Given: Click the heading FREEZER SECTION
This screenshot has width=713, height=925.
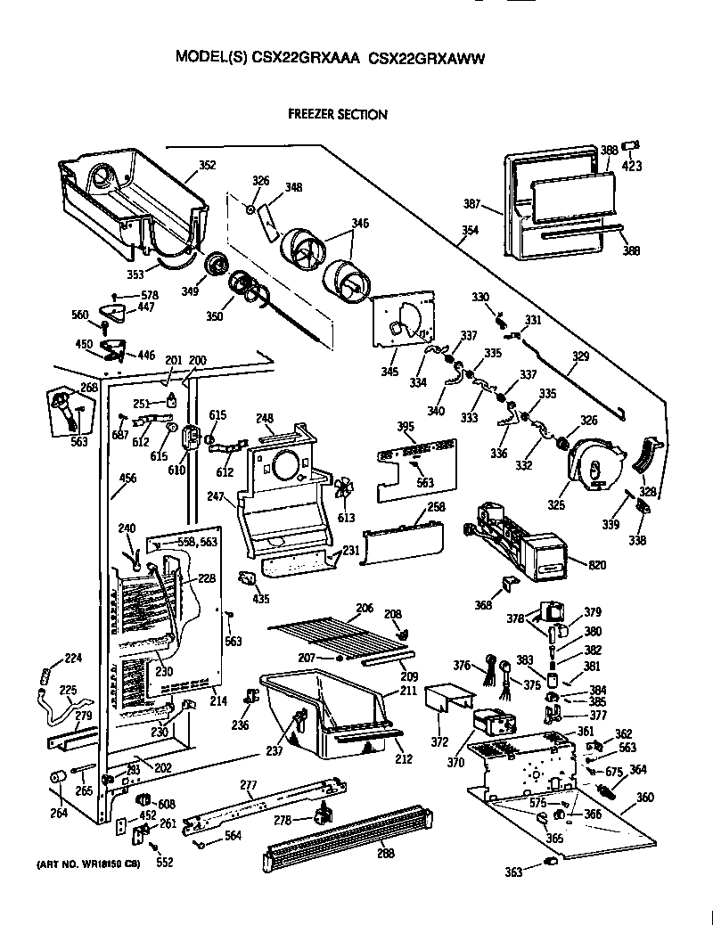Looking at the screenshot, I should pos(337,114).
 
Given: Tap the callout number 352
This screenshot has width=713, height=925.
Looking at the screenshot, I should pos(207,165).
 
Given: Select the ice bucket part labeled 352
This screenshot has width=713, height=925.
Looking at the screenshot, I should pos(134,196).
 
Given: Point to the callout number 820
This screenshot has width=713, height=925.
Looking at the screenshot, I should pos(572,563).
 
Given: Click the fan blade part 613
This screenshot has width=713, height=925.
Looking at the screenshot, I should pos(344,488).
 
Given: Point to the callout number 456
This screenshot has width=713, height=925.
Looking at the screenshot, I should pos(128,479).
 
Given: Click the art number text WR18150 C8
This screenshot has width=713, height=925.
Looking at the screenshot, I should pos(116,864).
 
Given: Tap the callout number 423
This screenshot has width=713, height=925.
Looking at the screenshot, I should pos(632,165).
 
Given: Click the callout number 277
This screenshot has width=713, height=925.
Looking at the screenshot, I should pos(248,784).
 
